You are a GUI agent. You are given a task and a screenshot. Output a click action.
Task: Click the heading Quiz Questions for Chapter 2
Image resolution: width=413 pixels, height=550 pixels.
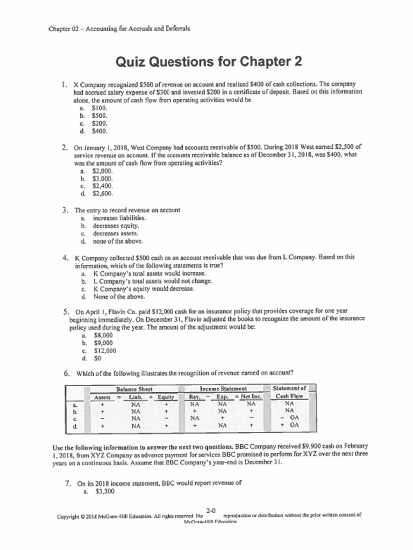pyautogui.click(x=209, y=62)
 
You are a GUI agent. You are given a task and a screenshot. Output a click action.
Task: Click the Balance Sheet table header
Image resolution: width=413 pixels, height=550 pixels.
pyautogui.click(x=134, y=389)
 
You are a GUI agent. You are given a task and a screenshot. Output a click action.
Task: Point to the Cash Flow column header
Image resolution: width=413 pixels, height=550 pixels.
pyautogui.click(x=289, y=396)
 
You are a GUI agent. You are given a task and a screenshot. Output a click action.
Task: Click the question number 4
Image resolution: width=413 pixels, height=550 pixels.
pyautogui.click(x=65, y=257)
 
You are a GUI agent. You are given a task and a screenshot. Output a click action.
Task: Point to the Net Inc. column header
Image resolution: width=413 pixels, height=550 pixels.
pyautogui.click(x=247, y=397)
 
